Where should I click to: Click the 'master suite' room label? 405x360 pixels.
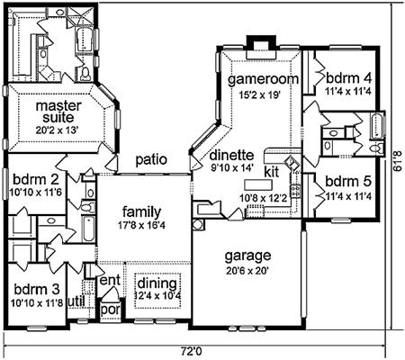pos(58,112)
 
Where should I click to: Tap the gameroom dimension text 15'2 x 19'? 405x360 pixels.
pos(259,94)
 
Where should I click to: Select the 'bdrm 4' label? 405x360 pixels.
pos(348,78)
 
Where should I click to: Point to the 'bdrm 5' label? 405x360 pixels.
pos(348,182)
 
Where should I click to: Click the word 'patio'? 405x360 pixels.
pos(151,159)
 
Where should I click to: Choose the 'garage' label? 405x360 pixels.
pos(247,256)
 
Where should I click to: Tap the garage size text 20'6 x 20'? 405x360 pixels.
pos(247,271)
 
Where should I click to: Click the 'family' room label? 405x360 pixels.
pos(141,212)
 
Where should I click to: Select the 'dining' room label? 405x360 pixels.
pos(157,283)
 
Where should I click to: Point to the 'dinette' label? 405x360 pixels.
pos(231,156)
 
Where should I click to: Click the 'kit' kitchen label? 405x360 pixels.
pos(272,172)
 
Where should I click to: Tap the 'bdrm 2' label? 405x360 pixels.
pos(36,180)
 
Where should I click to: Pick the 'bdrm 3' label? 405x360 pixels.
pos(37,290)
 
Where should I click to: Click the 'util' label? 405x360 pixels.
pos(76,301)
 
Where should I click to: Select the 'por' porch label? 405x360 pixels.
pos(111,310)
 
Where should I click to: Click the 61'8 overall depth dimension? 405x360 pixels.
pos(397,164)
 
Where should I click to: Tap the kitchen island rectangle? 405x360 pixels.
pos(258,184)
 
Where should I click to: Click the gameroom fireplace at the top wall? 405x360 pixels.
pos(261,48)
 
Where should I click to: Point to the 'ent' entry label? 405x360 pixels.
pos(110,280)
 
